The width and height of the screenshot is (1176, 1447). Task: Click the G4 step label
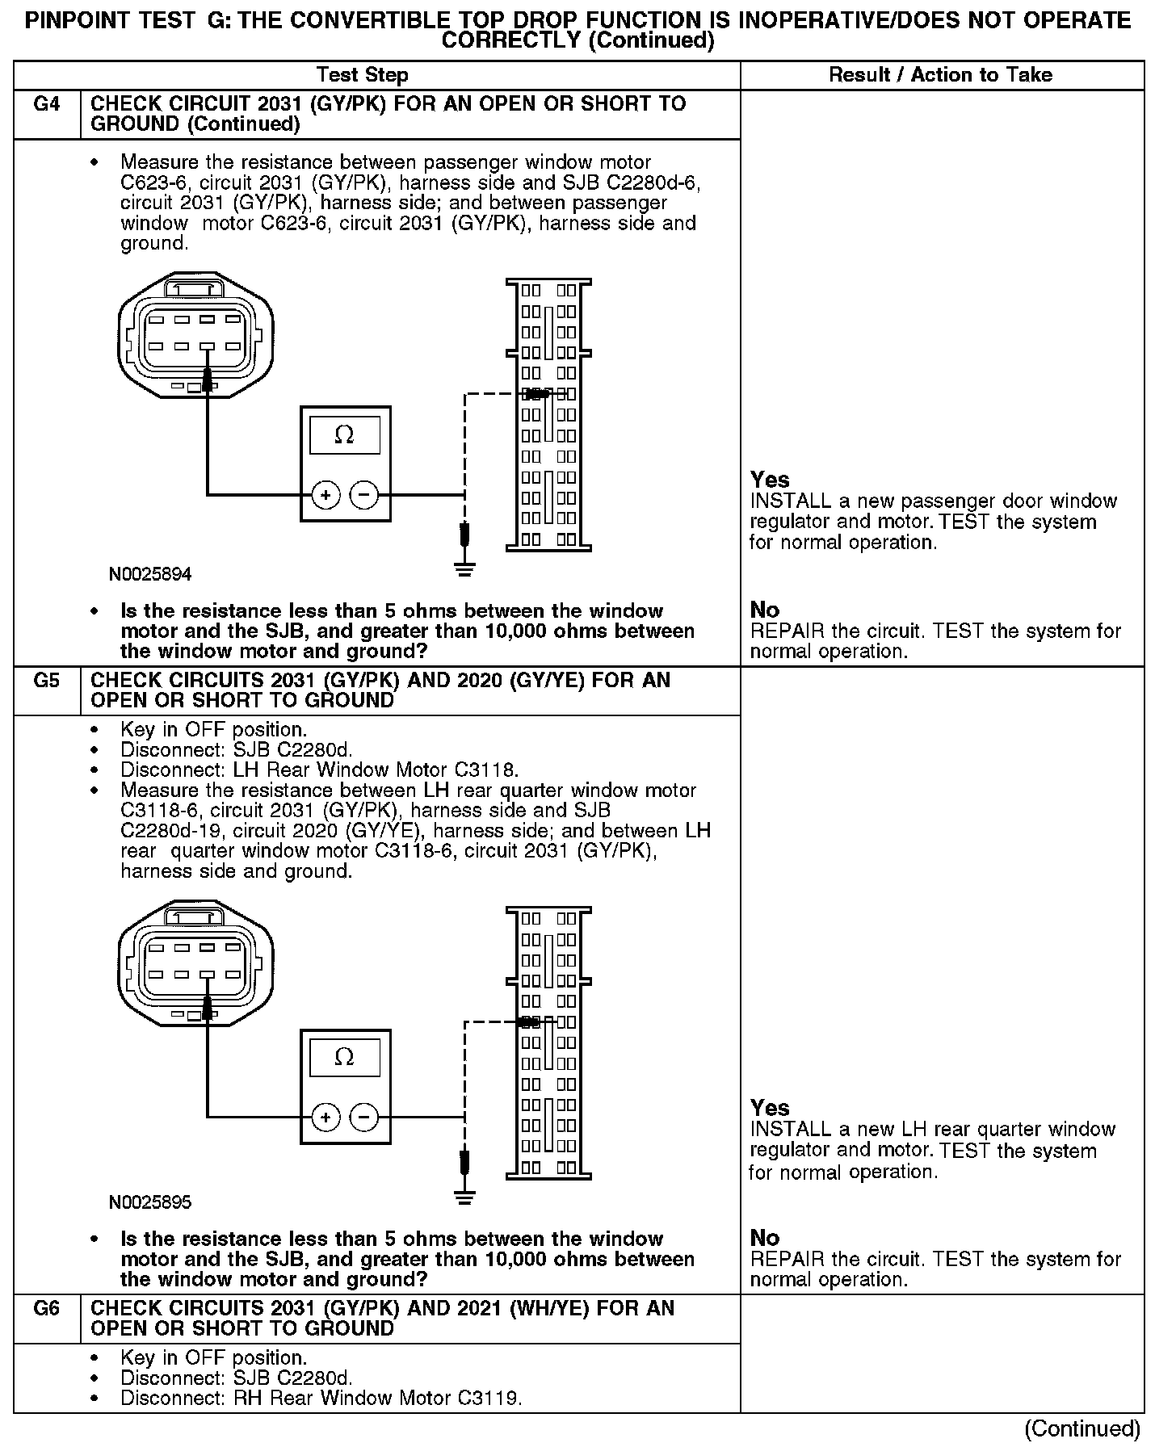click(x=47, y=104)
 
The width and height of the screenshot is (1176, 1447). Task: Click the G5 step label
click(x=47, y=681)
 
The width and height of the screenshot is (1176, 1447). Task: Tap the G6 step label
click(x=47, y=1309)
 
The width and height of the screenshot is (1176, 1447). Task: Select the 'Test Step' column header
click(x=363, y=75)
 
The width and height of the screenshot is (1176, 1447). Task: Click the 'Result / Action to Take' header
click(x=941, y=75)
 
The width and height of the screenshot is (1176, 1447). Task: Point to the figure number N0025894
click(x=150, y=575)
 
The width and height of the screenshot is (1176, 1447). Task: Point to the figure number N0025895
click(x=150, y=1203)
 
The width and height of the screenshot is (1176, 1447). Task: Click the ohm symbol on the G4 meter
click(x=344, y=435)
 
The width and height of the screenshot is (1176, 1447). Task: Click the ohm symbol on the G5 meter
click(x=344, y=1057)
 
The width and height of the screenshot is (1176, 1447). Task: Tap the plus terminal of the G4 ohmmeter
click(x=325, y=495)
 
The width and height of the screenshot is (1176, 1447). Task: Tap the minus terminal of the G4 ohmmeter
click(x=364, y=495)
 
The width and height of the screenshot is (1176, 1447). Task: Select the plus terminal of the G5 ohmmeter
click(x=325, y=1118)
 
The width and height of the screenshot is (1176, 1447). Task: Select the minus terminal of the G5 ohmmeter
click(x=364, y=1118)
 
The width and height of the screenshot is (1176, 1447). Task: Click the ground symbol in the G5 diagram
click(x=464, y=1197)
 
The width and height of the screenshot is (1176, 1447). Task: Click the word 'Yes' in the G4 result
click(x=770, y=480)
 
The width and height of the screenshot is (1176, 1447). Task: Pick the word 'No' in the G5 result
click(x=765, y=1238)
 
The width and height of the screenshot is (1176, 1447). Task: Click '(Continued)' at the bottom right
click(x=1082, y=1429)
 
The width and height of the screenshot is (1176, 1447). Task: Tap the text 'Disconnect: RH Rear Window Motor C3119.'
click(x=321, y=1398)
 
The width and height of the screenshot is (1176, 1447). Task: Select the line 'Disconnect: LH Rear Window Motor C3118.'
click(x=319, y=770)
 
